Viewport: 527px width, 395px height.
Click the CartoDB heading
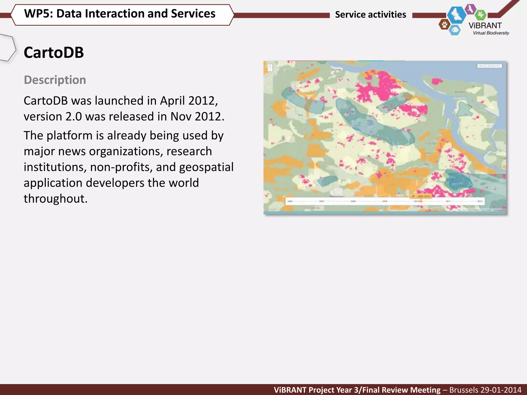point(54,53)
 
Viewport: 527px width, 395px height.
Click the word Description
point(55,80)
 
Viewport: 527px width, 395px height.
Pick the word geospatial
point(206,167)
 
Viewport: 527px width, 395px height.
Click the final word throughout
point(56,199)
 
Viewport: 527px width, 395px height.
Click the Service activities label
point(370,15)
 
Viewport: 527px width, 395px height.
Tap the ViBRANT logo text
point(485,26)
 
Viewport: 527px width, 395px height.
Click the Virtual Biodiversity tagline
point(491,33)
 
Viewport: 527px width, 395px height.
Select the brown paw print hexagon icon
point(444,25)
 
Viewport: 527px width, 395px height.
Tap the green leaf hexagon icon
point(480,15)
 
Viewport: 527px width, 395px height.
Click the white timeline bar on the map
point(385,201)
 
